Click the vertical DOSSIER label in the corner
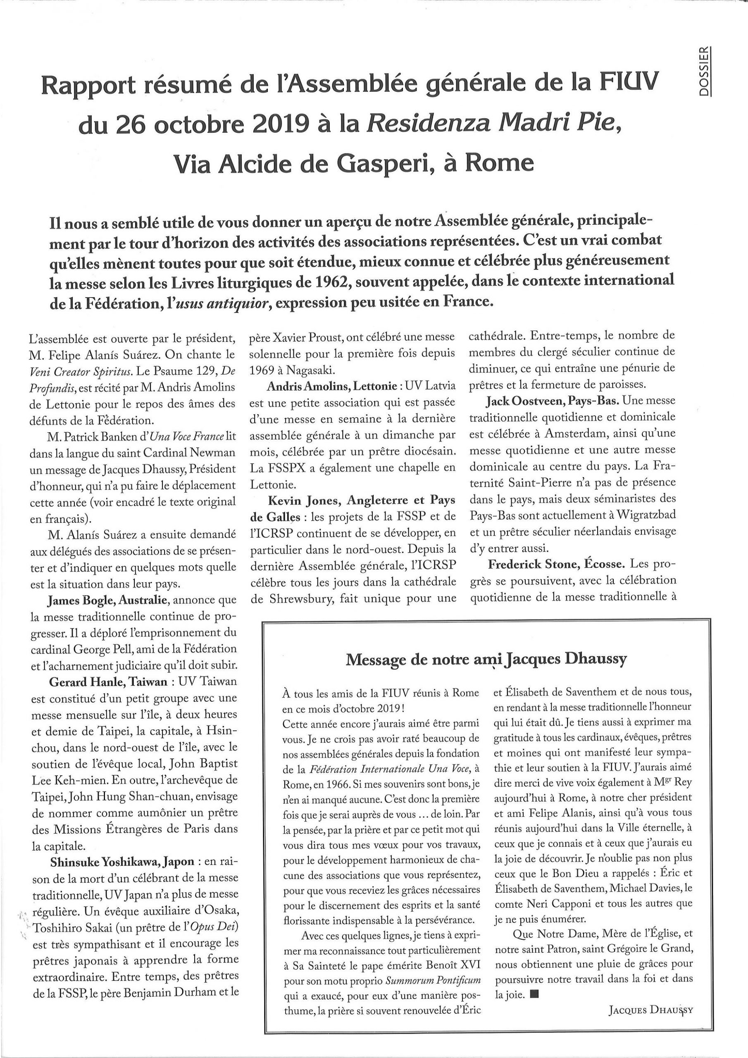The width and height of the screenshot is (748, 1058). [x=704, y=71]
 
